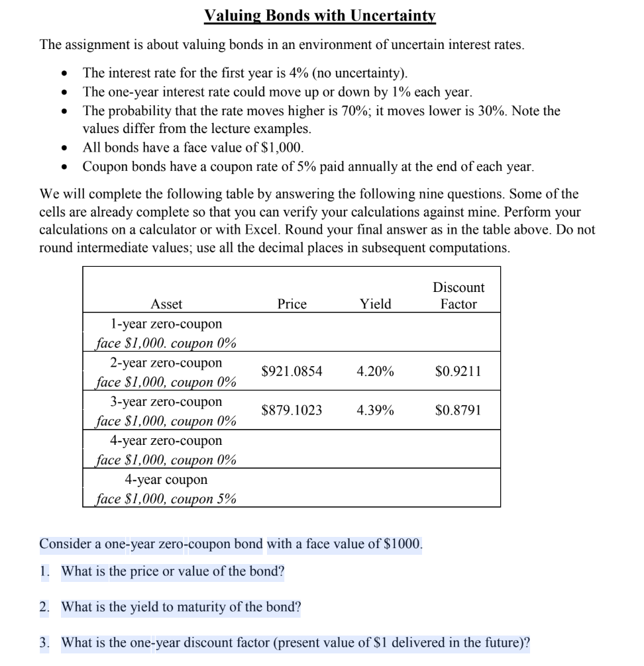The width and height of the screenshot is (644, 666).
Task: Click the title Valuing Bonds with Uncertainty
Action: click(x=321, y=15)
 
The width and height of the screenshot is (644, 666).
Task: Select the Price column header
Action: click(x=292, y=304)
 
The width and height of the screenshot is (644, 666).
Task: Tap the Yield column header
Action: click(x=375, y=304)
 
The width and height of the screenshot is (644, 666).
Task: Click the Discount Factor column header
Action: click(x=458, y=296)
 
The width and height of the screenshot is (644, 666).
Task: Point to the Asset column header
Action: click(x=166, y=304)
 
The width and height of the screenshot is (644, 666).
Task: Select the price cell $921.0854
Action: click(x=292, y=372)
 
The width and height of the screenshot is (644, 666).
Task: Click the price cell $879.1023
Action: click(x=292, y=410)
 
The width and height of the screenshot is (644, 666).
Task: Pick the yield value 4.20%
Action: click(x=375, y=372)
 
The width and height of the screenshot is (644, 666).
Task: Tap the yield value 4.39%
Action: click(x=375, y=410)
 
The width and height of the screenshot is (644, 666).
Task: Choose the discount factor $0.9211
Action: click(x=458, y=372)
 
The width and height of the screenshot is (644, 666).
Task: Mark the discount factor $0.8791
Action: click(x=458, y=410)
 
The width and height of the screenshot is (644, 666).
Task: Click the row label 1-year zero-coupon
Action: click(x=166, y=324)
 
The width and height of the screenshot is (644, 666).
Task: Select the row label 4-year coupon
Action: click(x=166, y=479)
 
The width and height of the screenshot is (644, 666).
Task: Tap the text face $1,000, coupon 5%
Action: click(x=166, y=499)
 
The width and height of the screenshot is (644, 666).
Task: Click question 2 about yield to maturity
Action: click(x=181, y=607)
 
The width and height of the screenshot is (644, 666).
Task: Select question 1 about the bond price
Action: click(x=172, y=571)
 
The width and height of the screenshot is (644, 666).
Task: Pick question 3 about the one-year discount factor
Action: click(x=295, y=643)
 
